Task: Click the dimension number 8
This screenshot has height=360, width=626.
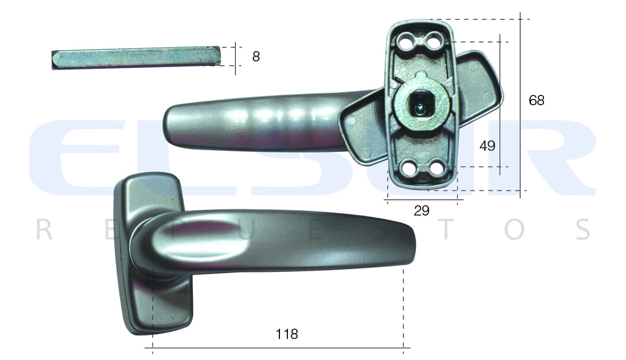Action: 256,57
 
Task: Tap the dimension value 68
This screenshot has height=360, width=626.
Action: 536,100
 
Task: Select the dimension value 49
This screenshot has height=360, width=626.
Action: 487,146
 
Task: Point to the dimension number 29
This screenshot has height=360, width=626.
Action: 422,210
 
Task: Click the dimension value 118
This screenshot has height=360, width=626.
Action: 287,334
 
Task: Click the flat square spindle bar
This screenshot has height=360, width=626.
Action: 136,58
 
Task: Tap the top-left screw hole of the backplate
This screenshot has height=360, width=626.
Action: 406,41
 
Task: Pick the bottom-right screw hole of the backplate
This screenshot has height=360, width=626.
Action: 436,168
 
